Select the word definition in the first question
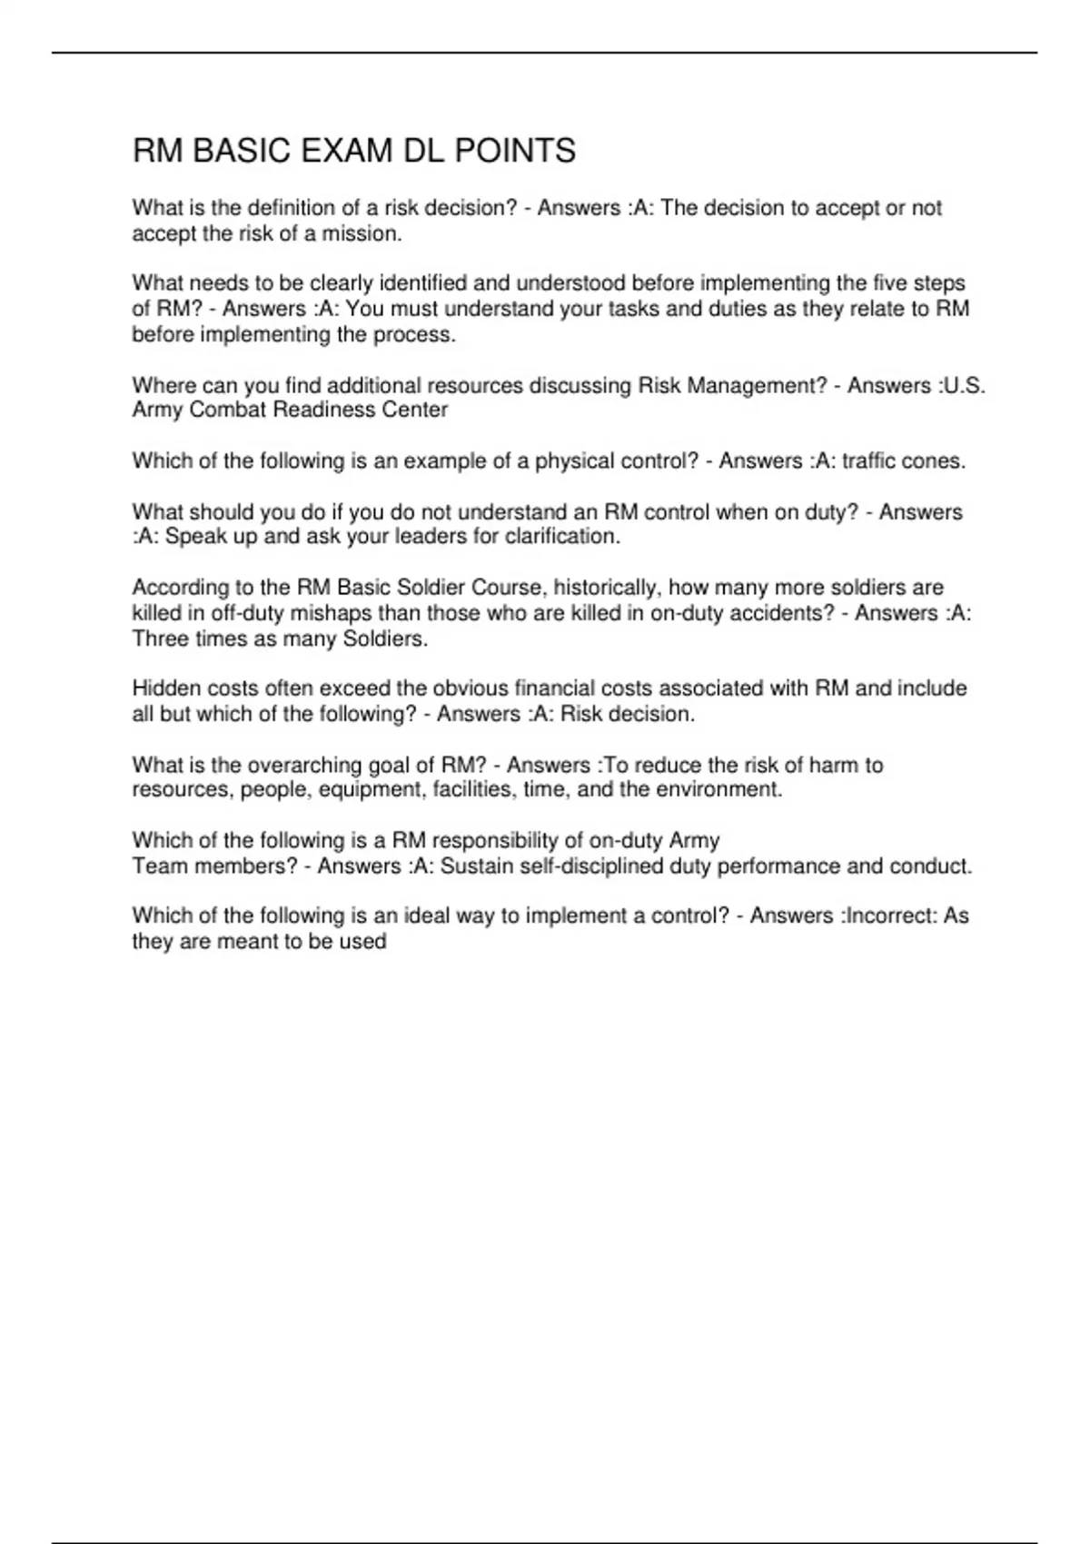[290, 208]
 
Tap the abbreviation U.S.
[965, 386]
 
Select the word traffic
[873, 461]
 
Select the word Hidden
[163, 688]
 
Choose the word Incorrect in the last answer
[890, 916]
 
